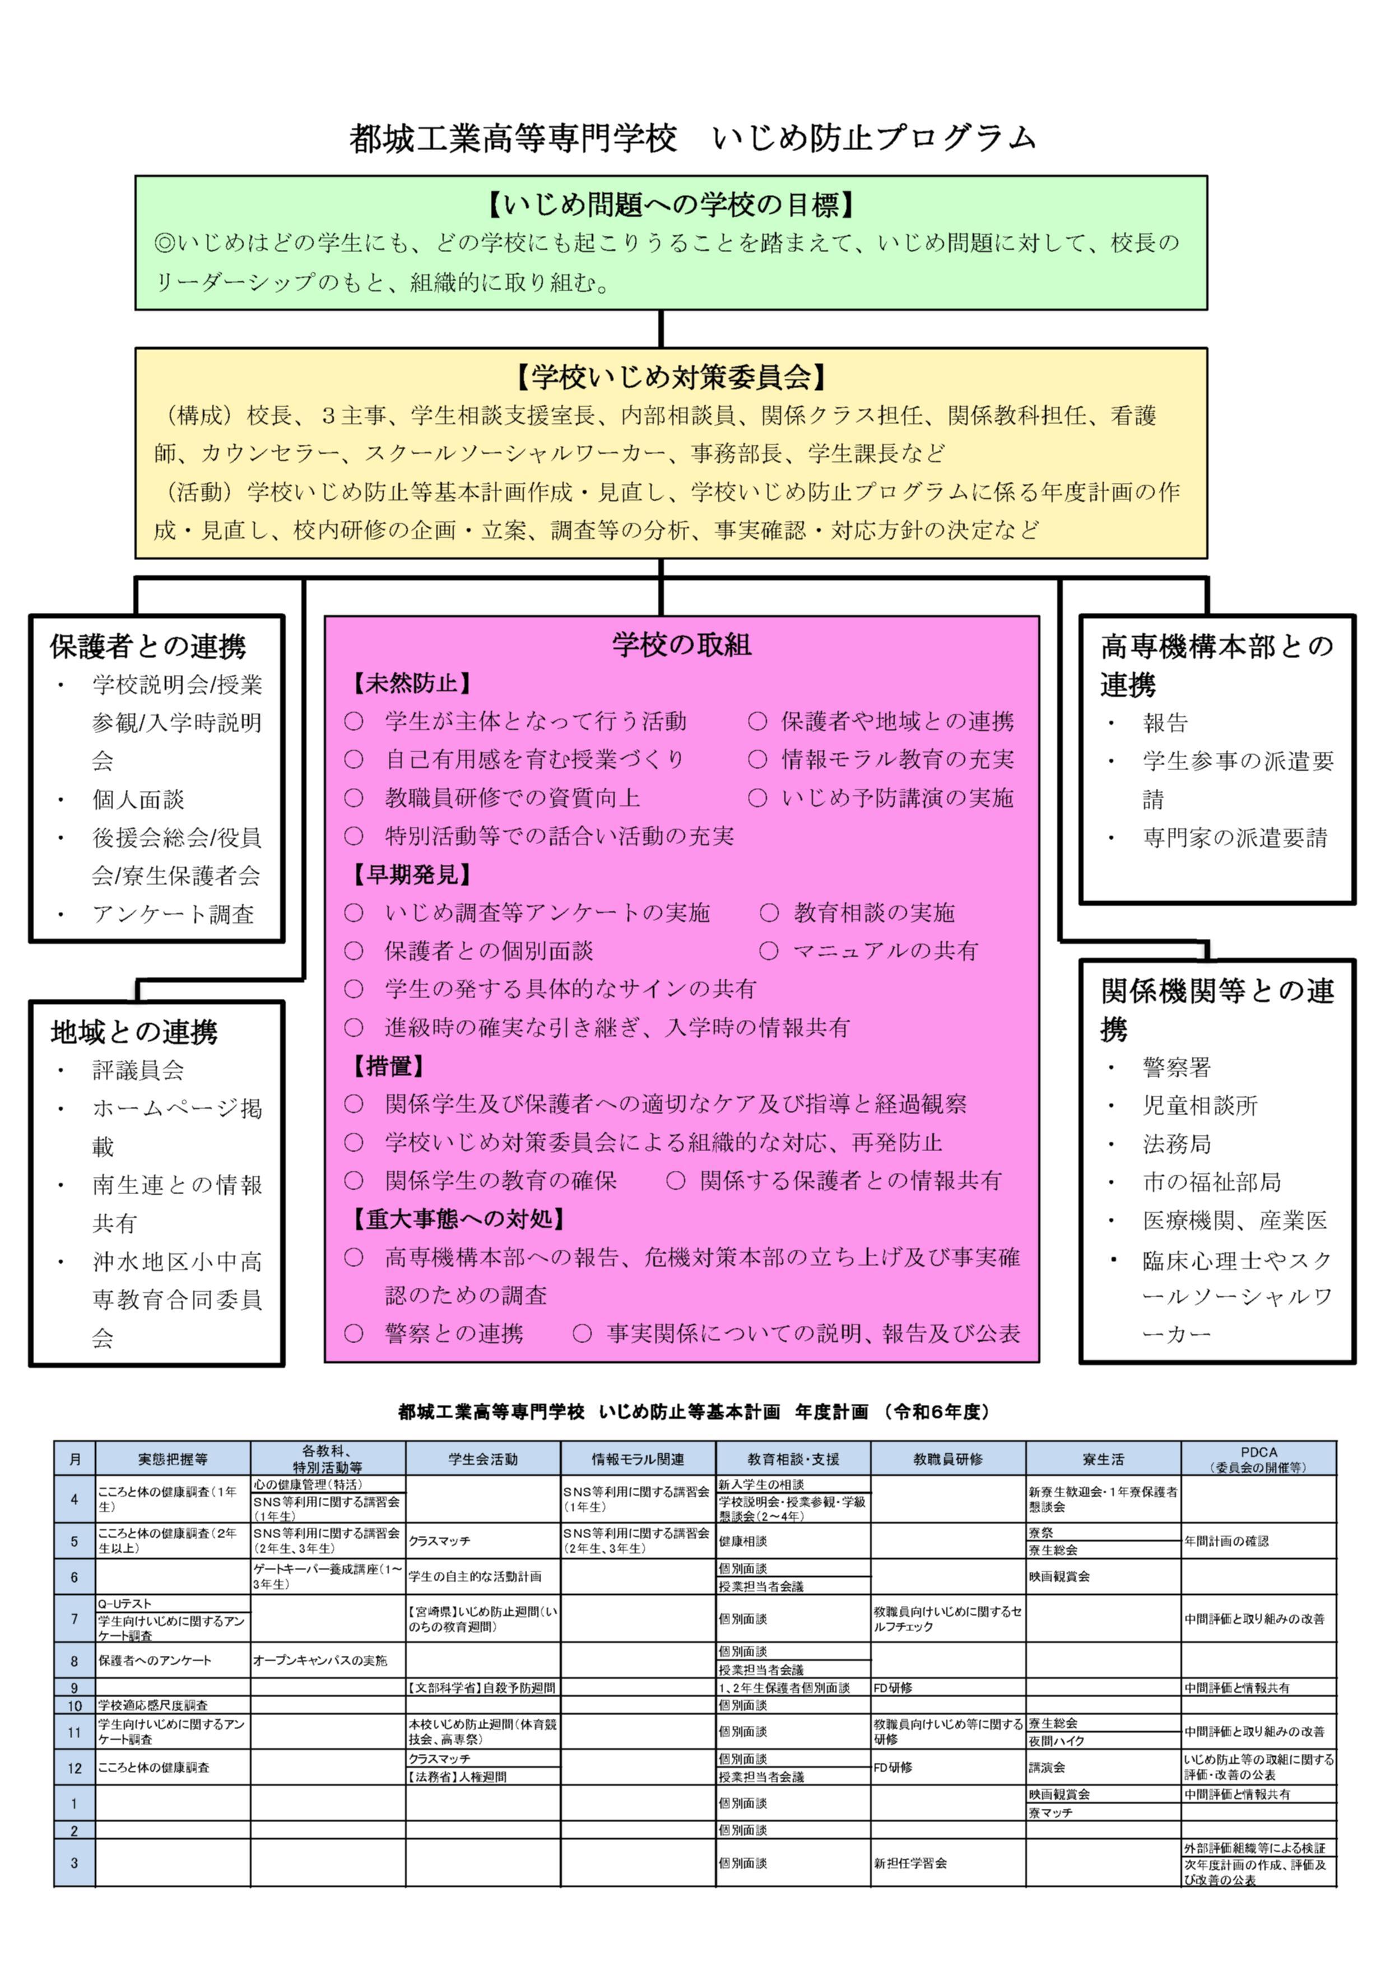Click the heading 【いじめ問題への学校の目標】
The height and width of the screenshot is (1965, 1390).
pos(671,204)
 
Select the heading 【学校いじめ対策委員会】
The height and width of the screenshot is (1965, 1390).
pos(671,376)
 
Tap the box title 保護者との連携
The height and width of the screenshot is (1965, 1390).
pos(148,646)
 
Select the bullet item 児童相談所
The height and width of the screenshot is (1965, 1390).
pos(1200,1106)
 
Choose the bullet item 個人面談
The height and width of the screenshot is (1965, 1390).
pos(138,799)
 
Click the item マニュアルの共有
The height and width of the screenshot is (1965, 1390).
pos(885,951)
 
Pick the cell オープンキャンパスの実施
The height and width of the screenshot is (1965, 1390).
pos(320,1660)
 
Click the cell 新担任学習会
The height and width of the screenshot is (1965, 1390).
pos(910,1863)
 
